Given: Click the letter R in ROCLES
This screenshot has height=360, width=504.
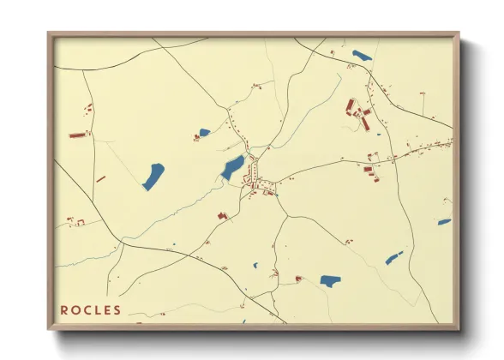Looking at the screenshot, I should click(64, 309).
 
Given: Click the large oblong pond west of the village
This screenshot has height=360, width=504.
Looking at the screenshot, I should click(153, 176).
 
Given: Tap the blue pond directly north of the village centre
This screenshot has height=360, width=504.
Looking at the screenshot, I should click(232, 167).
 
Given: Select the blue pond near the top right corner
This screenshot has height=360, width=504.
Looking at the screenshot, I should click(362, 57).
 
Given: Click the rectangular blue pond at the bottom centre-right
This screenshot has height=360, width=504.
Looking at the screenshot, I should click(330, 280).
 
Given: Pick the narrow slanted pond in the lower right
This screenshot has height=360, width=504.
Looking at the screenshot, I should click(393, 257).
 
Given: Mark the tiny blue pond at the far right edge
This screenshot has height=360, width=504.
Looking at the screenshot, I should click(444, 222).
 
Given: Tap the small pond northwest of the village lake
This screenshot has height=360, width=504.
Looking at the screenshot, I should click(203, 133).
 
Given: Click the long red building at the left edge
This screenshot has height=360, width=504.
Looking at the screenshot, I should click(78, 135).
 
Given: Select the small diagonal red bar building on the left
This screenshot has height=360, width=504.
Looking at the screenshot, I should click(100, 179).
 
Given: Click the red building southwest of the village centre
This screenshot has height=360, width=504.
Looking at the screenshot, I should click(222, 216).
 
